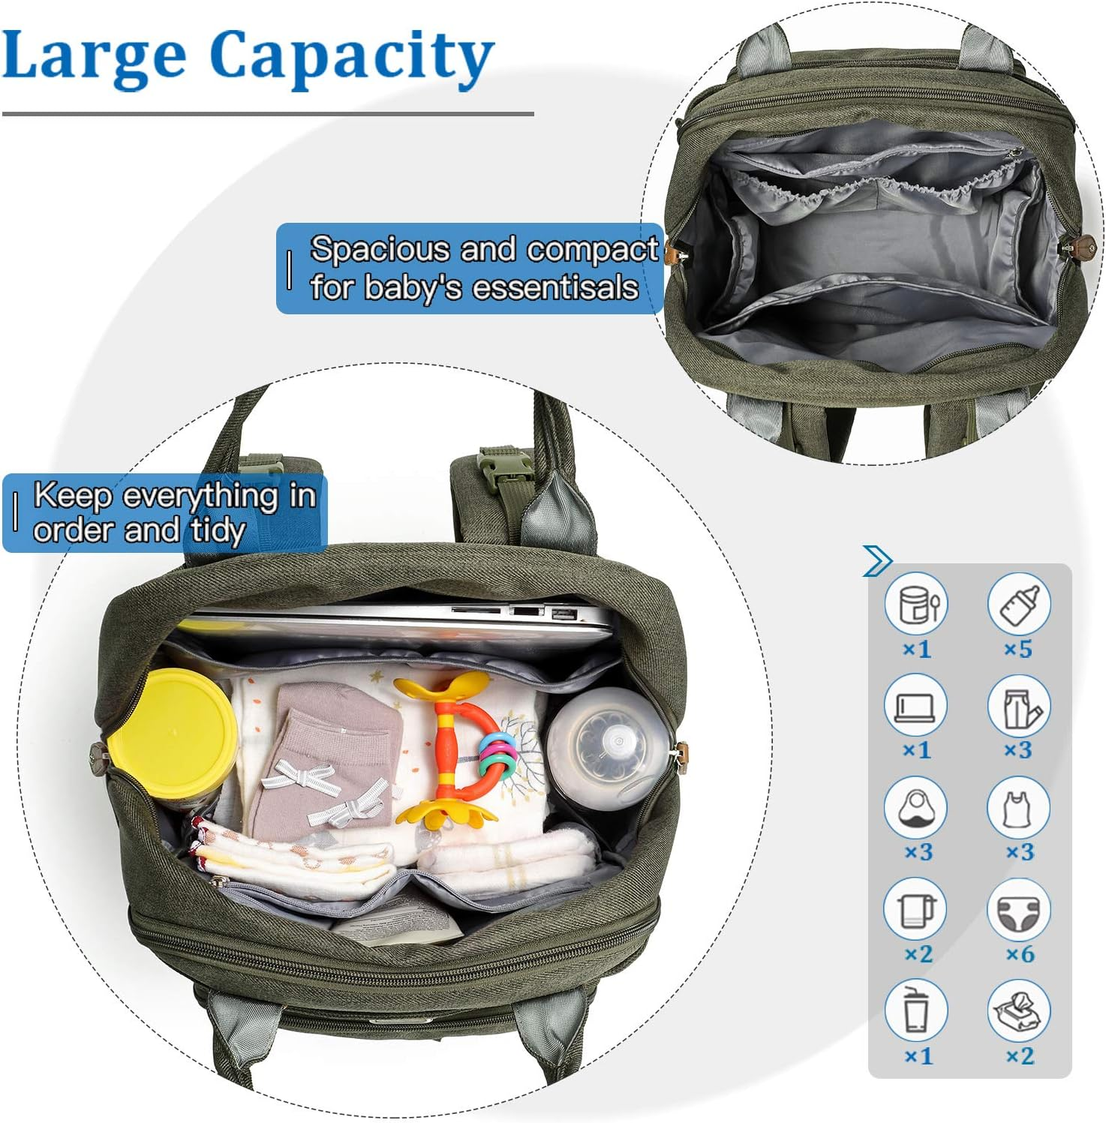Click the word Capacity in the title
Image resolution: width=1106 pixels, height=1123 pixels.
[x=351, y=59]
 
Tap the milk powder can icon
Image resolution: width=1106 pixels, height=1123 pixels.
[x=916, y=604]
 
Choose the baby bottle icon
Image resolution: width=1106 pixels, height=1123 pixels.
[x=1018, y=604]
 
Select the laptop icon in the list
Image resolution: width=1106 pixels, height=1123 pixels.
[x=916, y=706]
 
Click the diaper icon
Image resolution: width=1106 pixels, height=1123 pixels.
[x=1018, y=910]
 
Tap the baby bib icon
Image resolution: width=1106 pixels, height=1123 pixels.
[x=916, y=808]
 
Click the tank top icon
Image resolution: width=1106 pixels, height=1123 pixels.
[x=1018, y=808]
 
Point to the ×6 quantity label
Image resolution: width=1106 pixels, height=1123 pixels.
[x=1020, y=954]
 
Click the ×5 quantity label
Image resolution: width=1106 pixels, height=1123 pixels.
[x=1018, y=649]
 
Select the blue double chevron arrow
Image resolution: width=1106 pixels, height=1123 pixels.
[x=877, y=560]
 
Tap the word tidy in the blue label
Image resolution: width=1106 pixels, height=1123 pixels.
[x=218, y=531]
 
